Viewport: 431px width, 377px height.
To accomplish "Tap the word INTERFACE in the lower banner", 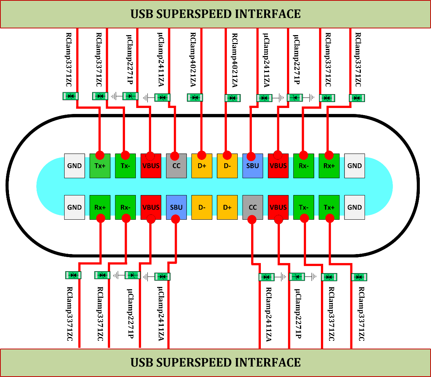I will coord(268,362).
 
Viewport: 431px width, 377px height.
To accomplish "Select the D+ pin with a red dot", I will coord(202,166).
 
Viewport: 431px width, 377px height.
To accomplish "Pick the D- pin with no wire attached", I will coord(202,207).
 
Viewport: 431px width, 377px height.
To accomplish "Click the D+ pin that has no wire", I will coord(227,207).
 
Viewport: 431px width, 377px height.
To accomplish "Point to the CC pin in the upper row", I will coord(176,166).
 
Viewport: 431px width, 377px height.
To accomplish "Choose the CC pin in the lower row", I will coord(253,207).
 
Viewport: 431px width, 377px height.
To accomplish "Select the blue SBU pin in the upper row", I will coord(253,166).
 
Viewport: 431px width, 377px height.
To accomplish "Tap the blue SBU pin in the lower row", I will coord(176,207).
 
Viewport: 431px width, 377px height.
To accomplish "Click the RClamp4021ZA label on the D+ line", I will coord(193,60).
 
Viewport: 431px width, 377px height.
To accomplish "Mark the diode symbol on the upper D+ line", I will coord(195,98).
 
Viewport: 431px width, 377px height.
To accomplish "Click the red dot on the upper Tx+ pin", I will coord(100,155).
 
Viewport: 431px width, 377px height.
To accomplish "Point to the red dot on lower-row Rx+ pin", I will coord(101,219).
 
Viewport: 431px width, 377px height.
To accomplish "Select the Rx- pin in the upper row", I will coord(303,166).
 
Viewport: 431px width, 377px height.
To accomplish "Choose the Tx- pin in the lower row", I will coord(303,207).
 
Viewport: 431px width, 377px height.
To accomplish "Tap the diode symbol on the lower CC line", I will coord(266,277).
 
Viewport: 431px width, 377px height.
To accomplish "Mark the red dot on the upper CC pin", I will coord(174,155).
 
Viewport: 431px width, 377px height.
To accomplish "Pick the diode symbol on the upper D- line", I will coord(233,98).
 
